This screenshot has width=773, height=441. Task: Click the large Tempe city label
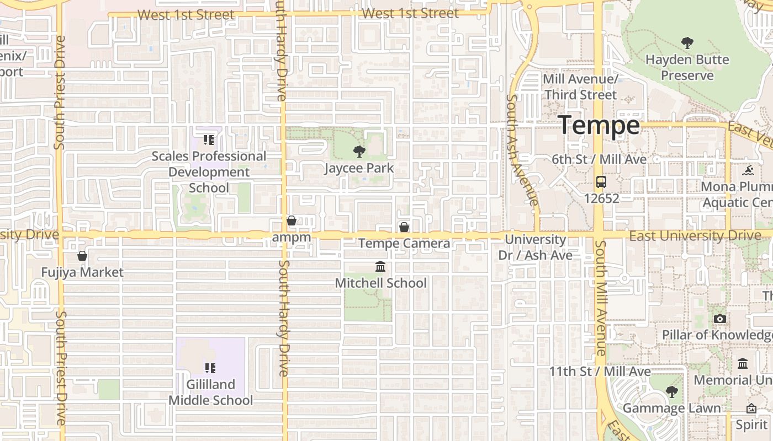click(600, 126)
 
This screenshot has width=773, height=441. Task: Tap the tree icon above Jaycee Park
click(359, 151)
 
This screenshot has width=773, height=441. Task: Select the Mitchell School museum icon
click(380, 267)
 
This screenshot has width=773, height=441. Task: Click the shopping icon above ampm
click(292, 221)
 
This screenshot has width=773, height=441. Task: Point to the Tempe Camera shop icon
click(404, 227)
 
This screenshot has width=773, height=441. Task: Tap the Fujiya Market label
click(82, 272)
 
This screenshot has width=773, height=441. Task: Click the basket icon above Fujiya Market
click(82, 256)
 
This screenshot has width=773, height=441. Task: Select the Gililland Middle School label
click(210, 392)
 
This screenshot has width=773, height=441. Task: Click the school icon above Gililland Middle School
click(210, 368)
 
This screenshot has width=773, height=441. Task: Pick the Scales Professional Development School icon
click(208, 140)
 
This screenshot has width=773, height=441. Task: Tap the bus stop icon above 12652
click(601, 181)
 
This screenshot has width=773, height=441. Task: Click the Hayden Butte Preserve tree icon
click(687, 42)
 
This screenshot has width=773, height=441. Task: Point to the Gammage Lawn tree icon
click(672, 392)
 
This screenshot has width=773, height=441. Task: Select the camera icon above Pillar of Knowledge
click(719, 319)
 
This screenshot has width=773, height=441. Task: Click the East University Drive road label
click(695, 236)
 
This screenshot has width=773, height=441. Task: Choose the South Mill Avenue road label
click(601, 298)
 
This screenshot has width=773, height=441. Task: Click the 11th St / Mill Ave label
click(600, 372)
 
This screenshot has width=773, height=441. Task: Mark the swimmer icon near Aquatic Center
click(749, 169)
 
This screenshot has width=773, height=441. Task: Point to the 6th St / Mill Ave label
click(599, 159)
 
